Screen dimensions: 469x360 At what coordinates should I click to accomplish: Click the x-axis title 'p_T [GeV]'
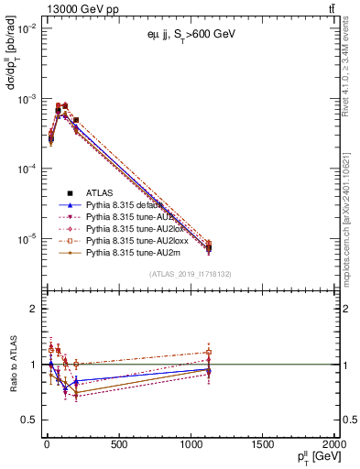pyautogui.click(x=311, y=458)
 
